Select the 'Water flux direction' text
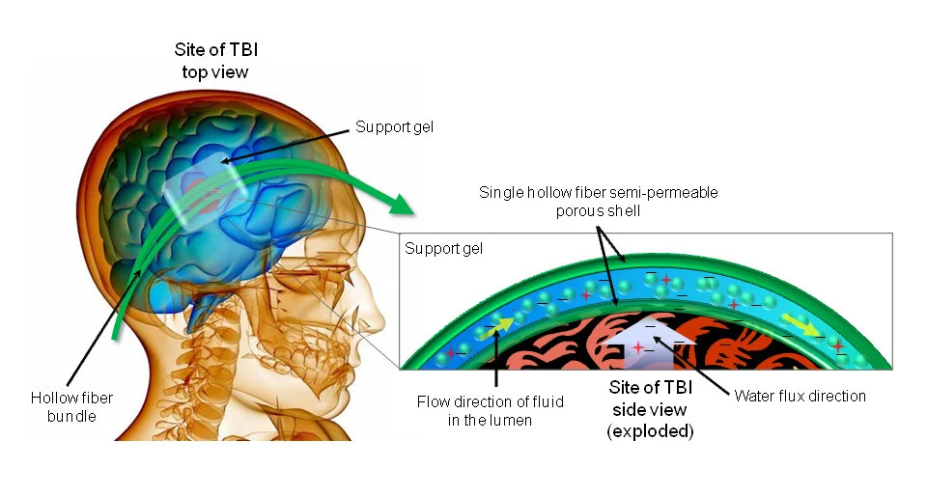[x=800, y=396]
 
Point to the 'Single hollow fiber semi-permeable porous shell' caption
[x=599, y=200]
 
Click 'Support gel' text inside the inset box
[x=443, y=249]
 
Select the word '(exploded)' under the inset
[x=650, y=431]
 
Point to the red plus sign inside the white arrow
[x=637, y=346]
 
